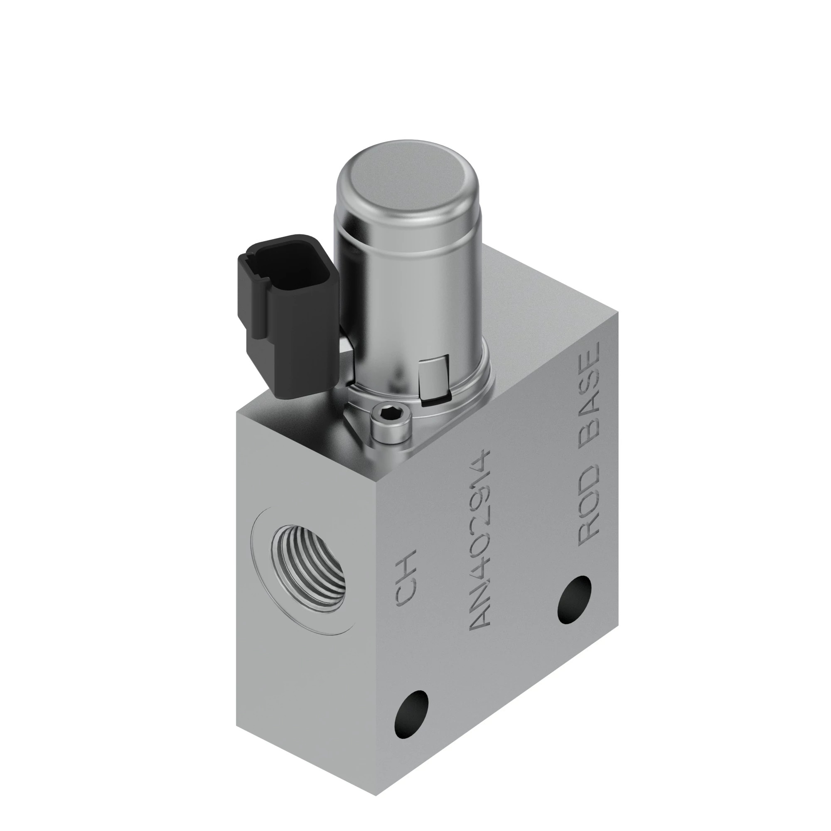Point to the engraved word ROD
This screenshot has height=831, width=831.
[589, 504]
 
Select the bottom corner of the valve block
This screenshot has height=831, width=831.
[377, 793]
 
